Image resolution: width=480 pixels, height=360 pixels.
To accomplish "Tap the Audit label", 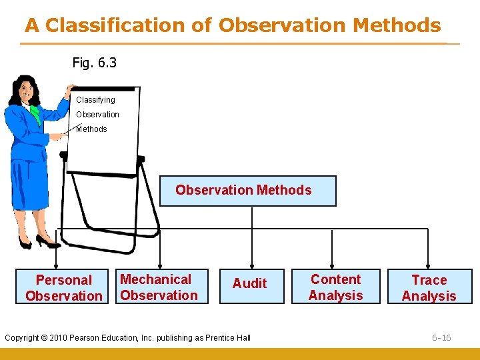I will click(249, 283).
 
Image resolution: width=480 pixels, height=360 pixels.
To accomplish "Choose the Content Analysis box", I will click(336, 287).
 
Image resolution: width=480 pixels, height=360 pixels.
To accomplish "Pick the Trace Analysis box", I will click(429, 287).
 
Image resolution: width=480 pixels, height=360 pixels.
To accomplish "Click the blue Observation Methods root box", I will click(247, 191).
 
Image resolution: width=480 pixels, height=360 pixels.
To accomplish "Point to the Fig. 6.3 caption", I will click(94, 63).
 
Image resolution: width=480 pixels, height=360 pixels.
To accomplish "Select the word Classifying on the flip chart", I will click(95, 100).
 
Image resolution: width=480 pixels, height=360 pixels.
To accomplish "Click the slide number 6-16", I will click(441, 338).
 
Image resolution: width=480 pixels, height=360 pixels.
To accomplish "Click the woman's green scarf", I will click(34, 115).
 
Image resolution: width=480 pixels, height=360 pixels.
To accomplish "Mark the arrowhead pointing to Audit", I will click(252, 265).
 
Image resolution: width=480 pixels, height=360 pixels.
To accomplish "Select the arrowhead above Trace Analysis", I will click(429, 265).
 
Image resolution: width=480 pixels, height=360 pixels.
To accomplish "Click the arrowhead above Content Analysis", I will click(332, 265).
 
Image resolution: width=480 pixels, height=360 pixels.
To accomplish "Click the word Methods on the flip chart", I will click(92, 129).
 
